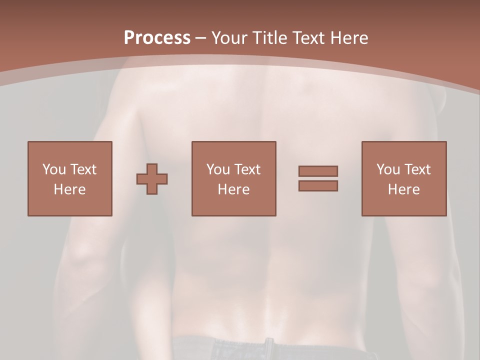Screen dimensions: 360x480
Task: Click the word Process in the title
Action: point(157,38)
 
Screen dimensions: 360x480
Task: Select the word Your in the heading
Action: point(229,38)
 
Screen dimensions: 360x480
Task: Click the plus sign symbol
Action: point(152,179)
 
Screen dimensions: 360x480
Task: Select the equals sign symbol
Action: point(318,178)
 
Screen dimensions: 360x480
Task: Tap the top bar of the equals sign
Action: point(318,171)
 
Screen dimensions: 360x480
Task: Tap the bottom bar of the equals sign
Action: point(318,186)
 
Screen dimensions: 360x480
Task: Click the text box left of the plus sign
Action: point(70,178)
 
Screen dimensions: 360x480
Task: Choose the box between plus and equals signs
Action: point(233,178)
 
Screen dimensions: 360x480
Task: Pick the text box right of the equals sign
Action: point(403,178)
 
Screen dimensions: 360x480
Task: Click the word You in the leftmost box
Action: point(53,169)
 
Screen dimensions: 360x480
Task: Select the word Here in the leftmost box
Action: point(70,189)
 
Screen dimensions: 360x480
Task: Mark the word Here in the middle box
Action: point(233,189)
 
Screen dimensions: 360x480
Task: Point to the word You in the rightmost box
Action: point(388,169)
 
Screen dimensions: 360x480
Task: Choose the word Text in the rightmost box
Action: point(417,169)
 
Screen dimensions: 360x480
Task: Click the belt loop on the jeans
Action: point(269,347)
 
